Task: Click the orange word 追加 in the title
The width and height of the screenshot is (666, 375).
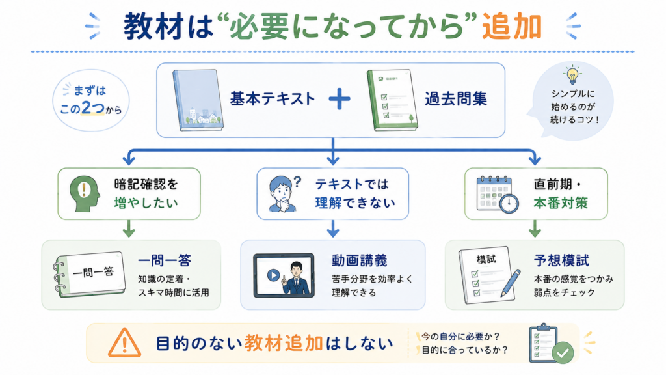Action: [512, 26]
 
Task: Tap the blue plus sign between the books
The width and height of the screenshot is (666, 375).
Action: [340, 99]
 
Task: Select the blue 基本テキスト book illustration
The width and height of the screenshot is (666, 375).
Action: [198, 100]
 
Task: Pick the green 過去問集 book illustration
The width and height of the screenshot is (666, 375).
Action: [392, 100]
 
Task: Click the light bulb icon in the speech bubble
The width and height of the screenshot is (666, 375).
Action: [572, 75]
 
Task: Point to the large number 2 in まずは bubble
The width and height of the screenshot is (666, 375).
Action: [87, 108]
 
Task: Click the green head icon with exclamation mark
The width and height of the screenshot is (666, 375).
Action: [85, 194]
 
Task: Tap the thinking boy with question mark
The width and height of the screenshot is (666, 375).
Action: [284, 194]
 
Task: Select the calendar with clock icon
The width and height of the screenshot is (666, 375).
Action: [498, 194]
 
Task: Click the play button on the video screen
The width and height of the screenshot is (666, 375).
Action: [273, 275]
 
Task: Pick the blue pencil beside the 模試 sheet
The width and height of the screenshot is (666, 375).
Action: [511, 283]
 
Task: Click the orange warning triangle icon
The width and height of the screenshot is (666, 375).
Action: [124, 342]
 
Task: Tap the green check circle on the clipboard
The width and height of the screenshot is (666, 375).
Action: [563, 352]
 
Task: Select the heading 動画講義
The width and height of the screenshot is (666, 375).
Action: [359, 260]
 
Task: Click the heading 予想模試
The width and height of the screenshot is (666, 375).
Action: [561, 260]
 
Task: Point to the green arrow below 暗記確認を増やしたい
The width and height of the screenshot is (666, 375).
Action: [129, 229]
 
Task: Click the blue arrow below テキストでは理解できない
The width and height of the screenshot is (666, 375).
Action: [333, 229]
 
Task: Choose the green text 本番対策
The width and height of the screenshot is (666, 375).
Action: [561, 203]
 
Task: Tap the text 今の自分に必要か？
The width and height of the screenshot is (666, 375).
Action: [460, 337]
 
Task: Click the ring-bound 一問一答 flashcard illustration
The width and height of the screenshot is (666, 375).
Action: [90, 274]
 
